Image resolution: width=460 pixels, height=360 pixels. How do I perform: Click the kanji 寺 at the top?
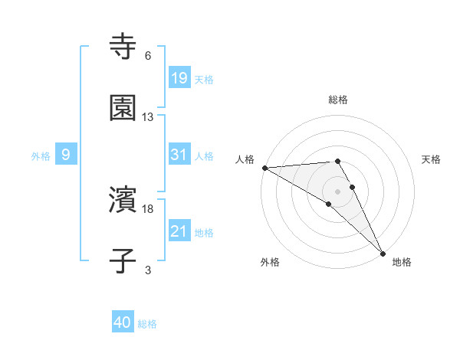pos(123,46)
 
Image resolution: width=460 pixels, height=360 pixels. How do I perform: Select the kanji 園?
pos(123,108)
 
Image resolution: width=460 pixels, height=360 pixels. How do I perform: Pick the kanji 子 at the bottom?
pos(123,260)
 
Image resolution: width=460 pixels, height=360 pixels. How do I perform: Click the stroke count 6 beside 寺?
pos(148,56)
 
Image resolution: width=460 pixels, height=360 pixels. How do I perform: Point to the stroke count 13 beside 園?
pos(148,117)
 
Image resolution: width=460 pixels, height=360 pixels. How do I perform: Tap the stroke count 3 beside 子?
pos(148,270)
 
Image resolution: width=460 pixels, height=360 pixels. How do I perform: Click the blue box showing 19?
pos(179,77)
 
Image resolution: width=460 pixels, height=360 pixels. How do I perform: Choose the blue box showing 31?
pos(179,155)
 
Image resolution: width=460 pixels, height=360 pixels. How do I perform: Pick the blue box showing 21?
pos(179,231)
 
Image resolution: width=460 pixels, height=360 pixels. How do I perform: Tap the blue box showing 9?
pos(66,155)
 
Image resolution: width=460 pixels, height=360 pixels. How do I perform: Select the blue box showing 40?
pos(123,323)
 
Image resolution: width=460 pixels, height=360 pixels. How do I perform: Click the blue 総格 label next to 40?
pos(147,324)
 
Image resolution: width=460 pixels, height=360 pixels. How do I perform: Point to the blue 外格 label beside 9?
pos(41,155)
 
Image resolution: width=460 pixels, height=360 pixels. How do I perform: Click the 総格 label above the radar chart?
pos(338,100)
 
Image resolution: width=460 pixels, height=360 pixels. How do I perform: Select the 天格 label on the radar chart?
pos(431,159)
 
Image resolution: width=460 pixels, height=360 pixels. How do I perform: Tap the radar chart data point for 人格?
pos(264,168)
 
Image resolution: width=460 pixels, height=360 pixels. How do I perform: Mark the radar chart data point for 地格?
pos(383,252)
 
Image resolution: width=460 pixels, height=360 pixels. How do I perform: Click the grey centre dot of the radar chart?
pos(338,190)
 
